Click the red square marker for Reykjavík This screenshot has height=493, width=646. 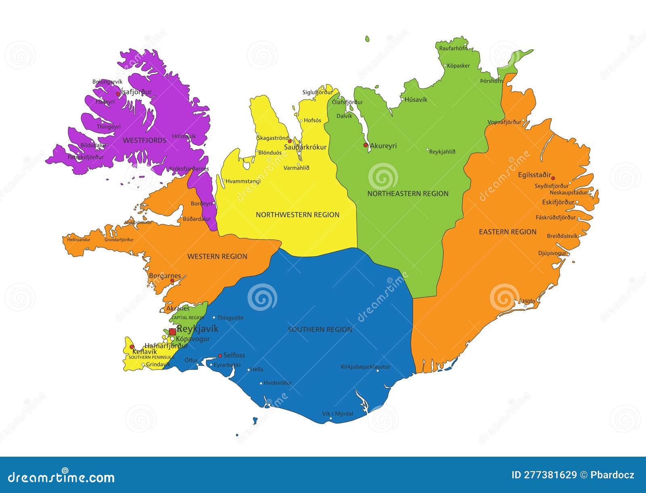(172, 332)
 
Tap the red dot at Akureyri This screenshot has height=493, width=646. (365, 145)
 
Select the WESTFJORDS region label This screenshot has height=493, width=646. (145, 141)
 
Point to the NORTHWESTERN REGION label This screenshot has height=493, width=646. (298, 215)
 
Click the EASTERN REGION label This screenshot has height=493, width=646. (508, 232)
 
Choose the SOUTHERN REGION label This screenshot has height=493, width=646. (320, 329)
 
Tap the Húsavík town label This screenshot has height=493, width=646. (416, 100)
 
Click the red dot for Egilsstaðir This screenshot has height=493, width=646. (553, 178)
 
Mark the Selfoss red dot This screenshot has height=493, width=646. (220, 356)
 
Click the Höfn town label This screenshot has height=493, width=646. (529, 301)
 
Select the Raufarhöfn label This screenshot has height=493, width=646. (453, 48)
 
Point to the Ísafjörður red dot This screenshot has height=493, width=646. (118, 94)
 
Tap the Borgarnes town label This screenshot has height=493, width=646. (165, 276)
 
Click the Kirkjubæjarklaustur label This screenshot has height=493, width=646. (365, 367)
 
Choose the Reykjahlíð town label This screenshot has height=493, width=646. (442, 152)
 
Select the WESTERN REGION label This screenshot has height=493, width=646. (217, 256)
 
